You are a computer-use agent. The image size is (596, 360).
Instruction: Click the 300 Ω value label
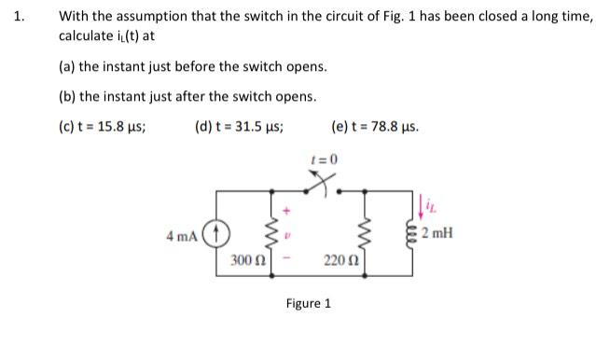[247, 258]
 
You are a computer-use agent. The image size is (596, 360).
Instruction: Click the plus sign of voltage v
[288, 208]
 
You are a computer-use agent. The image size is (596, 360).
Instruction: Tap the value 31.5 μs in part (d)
[259, 124]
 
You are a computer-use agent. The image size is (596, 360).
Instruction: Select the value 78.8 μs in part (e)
[395, 124]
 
